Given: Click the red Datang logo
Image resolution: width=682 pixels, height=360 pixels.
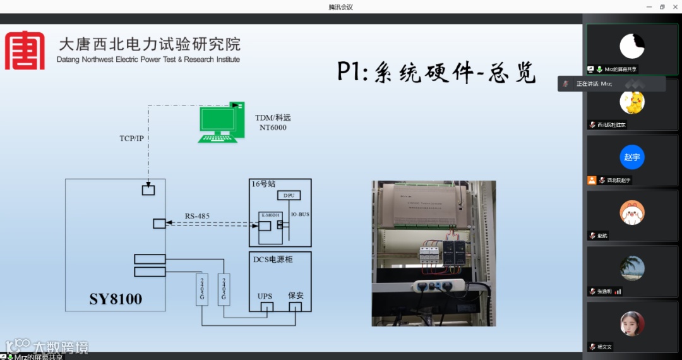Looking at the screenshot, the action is coord(25,50).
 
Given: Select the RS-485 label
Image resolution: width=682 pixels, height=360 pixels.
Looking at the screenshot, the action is coord(197,216).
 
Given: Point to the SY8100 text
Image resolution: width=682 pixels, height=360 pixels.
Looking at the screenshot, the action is coord(116,298).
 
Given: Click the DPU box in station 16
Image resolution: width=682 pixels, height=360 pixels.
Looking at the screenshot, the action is coord(289,195).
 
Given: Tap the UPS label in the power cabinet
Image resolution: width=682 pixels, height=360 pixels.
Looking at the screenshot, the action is coord(265,296).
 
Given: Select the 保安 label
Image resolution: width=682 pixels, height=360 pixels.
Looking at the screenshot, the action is coord(296,295).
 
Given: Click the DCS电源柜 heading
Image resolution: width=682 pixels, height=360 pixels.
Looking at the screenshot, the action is coord(273,259).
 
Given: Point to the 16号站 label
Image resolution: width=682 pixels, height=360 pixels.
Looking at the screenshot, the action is coord(264,184).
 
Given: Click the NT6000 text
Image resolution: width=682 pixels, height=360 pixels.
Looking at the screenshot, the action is coord(273,128).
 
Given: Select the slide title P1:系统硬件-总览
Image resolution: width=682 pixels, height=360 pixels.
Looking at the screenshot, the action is coord(436,73).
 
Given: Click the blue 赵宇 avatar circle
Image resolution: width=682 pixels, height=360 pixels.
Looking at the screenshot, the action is coord(631,157).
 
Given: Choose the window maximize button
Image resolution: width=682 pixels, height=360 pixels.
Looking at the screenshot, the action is coord(662,7).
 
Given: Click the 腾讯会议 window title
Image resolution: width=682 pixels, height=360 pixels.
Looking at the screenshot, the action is coord(340,7).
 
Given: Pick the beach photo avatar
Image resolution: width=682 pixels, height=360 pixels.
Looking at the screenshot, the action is coord(631,268).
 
